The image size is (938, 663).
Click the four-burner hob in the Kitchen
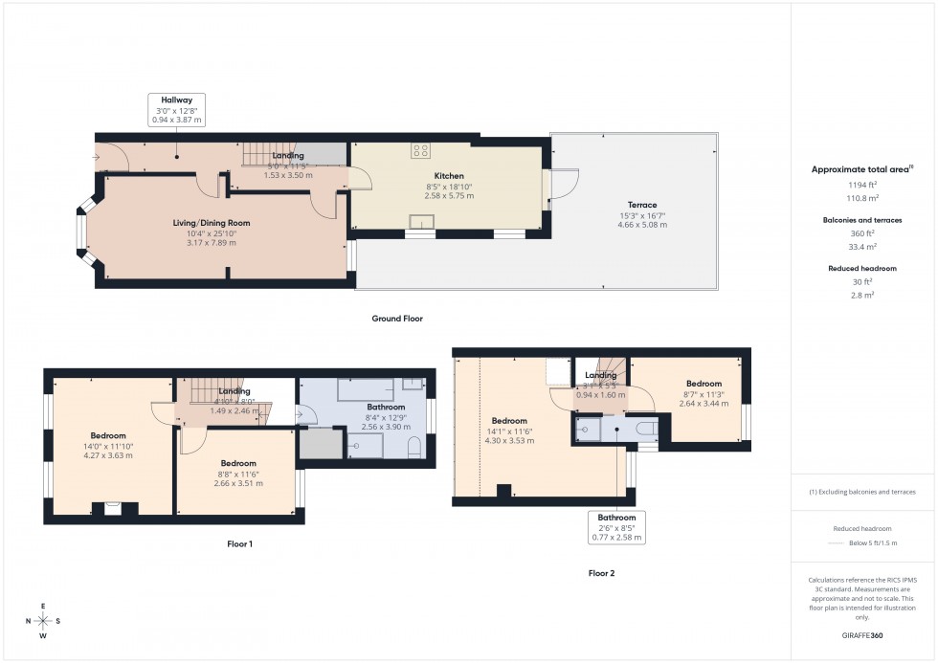(x=419, y=149)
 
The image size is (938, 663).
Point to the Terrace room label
(x=642, y=205)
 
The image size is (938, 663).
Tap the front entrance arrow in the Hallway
(x=99, y=156)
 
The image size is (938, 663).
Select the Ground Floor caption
(x=397, y=319)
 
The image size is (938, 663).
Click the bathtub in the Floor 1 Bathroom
(x=366, y=389)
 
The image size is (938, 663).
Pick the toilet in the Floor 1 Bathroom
(x=413, y=447)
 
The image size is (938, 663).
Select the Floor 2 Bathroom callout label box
(x=615, y=527)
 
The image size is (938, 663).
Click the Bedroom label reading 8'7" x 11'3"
(x=703, y=393)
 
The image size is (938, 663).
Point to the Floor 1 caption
(x=239, y=543)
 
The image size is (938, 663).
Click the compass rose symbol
(x=43, y=621)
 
